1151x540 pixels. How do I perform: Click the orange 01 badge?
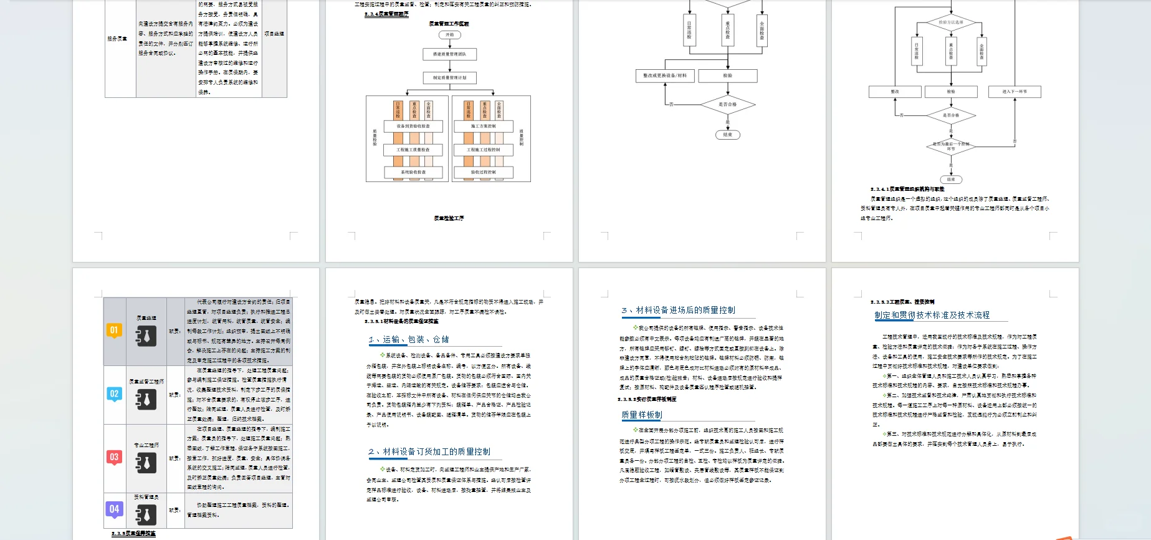(114, 330)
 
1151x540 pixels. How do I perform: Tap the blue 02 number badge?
(114, 394)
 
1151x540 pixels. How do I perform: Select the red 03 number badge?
(114, 457)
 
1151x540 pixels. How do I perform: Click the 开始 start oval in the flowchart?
(449, 35)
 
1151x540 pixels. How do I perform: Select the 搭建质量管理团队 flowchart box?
(449, 54)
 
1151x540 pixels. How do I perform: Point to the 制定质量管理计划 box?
(449, 78)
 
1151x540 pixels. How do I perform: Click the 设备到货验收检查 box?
(413, 126)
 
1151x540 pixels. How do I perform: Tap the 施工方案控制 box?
(484, 126)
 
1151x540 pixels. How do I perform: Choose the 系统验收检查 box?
(413, 172)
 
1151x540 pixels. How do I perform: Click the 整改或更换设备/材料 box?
(665, 76)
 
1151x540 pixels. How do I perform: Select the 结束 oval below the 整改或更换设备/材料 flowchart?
(727, 135)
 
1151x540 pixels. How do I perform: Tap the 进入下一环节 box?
(1015, 92)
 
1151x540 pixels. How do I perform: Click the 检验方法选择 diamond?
(950, 22)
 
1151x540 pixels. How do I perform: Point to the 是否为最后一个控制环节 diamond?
(951, 146)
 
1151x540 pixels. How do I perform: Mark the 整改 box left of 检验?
(895, 92)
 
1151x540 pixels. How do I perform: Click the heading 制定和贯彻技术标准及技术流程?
(932, 316)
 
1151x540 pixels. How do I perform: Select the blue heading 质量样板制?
(642, 415)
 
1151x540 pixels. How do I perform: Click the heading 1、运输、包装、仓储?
(408, 340)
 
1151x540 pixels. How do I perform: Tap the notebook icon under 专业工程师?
(146, 463)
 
